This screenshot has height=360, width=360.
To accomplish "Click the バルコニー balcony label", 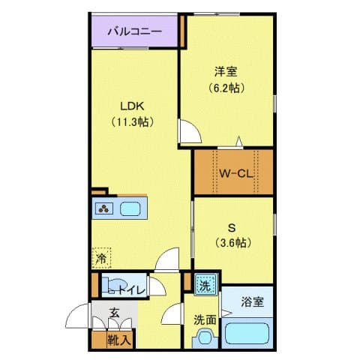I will (x=134, y=31).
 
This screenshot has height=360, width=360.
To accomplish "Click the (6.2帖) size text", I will (x=226, y=88).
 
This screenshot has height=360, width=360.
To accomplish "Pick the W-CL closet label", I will (x=233, y=174).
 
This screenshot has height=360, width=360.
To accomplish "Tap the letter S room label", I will (x=232, y=228).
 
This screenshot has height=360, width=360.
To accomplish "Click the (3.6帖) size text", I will (x=232, y=242).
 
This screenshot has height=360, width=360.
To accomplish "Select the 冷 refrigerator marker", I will (x=100, y=258).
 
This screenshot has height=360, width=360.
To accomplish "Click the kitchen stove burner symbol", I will (x=103, y=209).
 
